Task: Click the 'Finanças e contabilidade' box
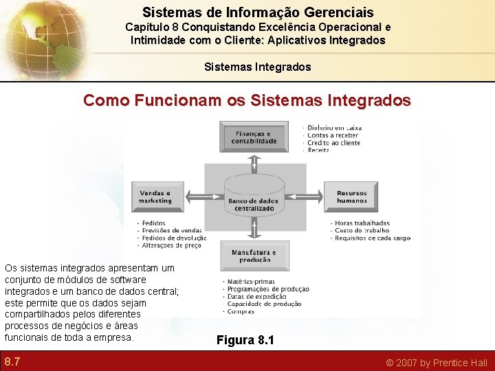254,137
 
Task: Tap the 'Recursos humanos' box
351,197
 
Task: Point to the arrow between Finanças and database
254,163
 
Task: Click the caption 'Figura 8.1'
245,339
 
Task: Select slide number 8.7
12,361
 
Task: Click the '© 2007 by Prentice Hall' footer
436,362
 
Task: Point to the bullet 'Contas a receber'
333,135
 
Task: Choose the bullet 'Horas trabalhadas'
362,223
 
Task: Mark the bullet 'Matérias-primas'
251,282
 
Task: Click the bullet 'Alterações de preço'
171,245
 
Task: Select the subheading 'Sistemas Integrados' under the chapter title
258,67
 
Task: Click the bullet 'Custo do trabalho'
362,231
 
